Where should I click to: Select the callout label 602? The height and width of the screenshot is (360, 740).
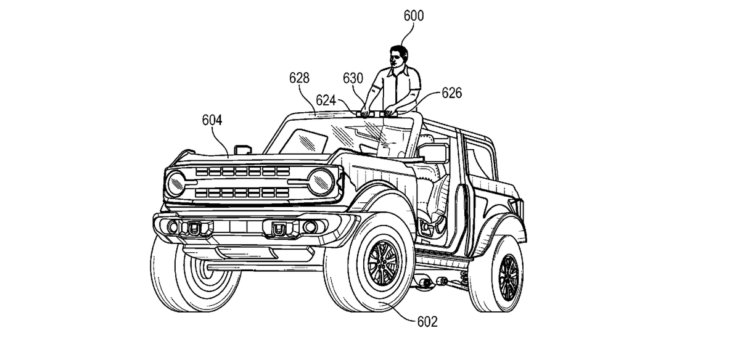pos(427,321)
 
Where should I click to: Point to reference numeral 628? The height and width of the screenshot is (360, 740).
pos(299,78)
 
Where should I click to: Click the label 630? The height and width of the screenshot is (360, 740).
pos(353,78)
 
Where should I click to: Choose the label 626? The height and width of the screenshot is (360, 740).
pos(451,93)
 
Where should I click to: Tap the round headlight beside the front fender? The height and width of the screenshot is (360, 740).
pos(320,179)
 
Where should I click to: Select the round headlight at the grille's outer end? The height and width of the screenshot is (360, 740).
pos(176,183)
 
